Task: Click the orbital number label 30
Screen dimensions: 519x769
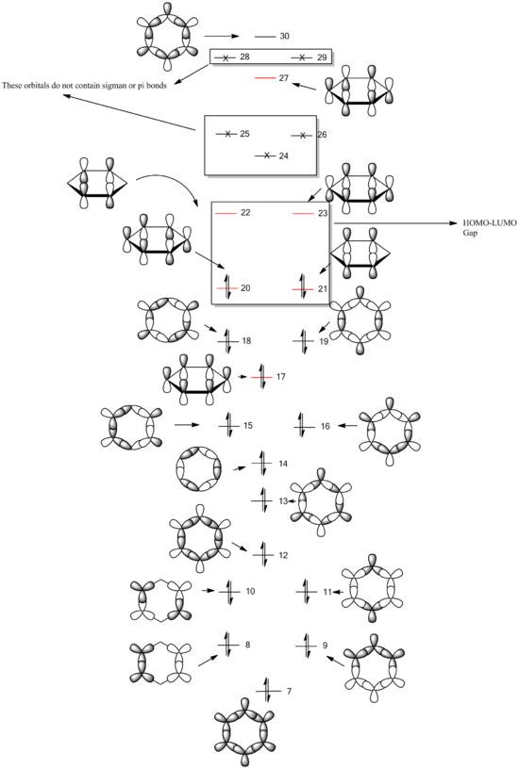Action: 284,37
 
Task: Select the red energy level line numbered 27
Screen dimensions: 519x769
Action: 265,78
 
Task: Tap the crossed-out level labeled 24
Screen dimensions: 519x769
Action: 266,155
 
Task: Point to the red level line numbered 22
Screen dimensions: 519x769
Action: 226,213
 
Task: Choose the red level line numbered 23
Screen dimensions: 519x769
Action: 304,213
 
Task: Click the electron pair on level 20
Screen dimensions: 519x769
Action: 227,286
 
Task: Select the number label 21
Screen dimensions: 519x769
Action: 323,289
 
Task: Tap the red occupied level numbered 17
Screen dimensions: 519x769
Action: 261,377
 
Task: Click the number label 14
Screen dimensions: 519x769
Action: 283,464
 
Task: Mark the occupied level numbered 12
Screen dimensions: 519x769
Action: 263,555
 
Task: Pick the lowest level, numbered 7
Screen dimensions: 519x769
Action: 267,691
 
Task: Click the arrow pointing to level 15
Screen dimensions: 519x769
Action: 187,425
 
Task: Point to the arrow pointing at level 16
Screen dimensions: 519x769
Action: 347,426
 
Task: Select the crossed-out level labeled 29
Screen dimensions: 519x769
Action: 302,57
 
